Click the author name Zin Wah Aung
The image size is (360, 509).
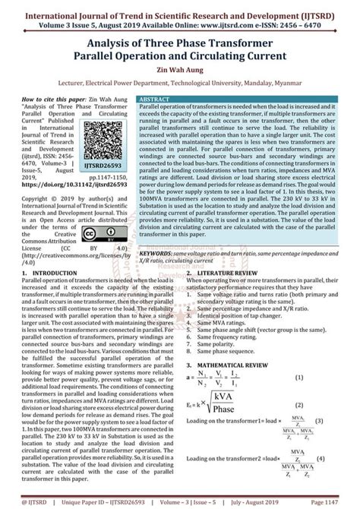(x=180, y=68)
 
